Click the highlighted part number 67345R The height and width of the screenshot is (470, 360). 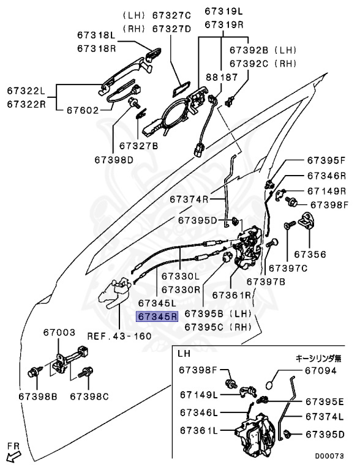157,316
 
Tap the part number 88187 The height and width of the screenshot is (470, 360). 222,77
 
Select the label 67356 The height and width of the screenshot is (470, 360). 310,255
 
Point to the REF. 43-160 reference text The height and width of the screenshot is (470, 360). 119,336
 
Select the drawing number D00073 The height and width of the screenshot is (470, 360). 329,456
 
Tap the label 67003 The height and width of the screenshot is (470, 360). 59,332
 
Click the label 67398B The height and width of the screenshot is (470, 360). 38,397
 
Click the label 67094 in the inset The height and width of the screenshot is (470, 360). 321,371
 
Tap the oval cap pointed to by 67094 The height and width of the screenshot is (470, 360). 270,385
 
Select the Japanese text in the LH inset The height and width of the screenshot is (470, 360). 318,358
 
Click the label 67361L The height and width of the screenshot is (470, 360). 199,430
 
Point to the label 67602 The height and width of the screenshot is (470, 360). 83,110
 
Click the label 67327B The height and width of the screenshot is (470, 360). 138,146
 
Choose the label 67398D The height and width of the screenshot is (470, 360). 114,160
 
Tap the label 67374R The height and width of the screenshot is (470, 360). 189,200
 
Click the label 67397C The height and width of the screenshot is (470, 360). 288,268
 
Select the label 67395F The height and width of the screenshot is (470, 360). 326,160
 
